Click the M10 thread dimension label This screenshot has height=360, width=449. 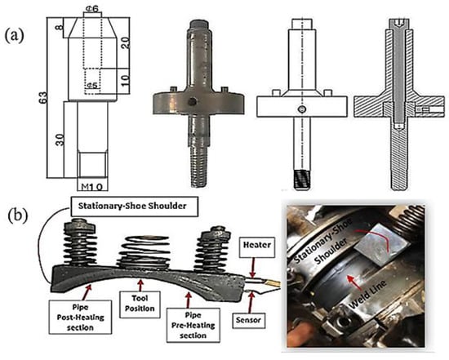[x=92, y=187]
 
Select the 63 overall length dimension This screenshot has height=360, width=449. [x=43, y=98]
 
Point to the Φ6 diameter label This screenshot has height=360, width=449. [x=92, y=9]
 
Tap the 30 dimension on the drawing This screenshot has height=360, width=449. [x=60, y=140]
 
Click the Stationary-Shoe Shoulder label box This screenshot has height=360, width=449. [x=135, y=207]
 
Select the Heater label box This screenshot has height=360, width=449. [x=257, y=245]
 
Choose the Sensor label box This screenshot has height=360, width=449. [x=248, y=320]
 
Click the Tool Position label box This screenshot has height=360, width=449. [x=140, y=304]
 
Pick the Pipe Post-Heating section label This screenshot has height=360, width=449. [x=81, y=317]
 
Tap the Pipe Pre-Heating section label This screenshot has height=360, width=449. [x=193, y=325]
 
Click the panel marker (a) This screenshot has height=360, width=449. [x=15, y=36]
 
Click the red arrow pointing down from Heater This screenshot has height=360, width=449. [x=252, y=268]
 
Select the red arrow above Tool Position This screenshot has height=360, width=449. [x=140, y=285]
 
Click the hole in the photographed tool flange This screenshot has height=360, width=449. [x=192, y=101]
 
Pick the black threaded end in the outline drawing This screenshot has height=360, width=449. [x=302, y=179]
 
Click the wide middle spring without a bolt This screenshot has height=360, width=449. [x=144, y=252]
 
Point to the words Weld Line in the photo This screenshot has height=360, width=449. [x=367, y=294]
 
